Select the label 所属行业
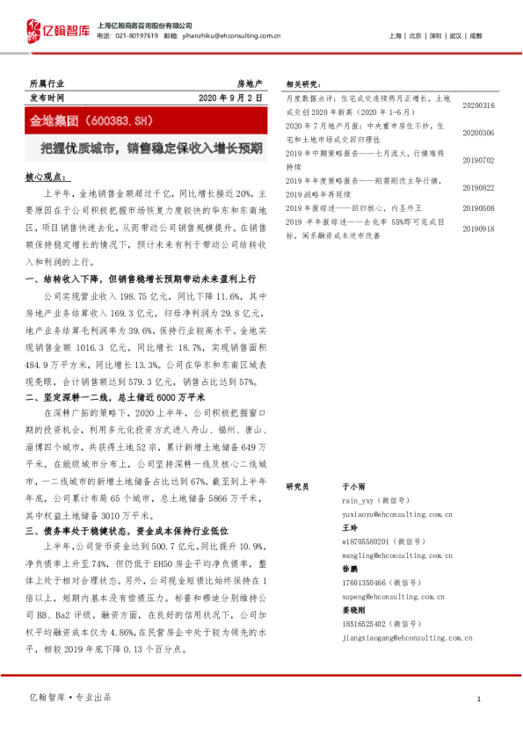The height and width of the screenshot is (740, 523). pyautogui.click(x=47, y=82)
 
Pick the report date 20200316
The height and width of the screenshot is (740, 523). pyautogui.click(x=479, y=105)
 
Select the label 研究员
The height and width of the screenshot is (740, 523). pyautogui.click(x=297, y=485)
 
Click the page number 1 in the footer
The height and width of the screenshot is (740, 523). pyautogui.click(x=477, y=698)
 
